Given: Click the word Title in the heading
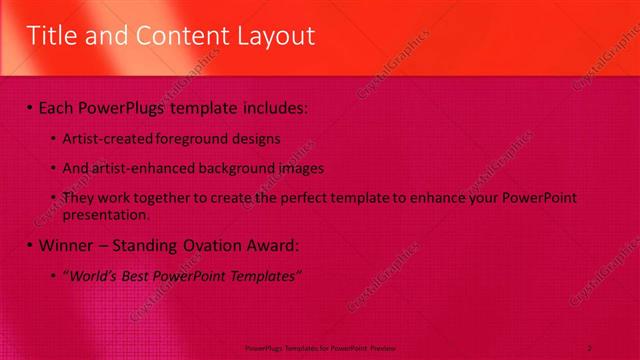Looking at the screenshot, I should point(51,37).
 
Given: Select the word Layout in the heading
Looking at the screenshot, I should point(271,37).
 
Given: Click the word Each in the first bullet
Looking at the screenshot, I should point(60,106).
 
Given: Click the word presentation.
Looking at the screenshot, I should point(105,214).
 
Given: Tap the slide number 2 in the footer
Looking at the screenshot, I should point(590,347).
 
